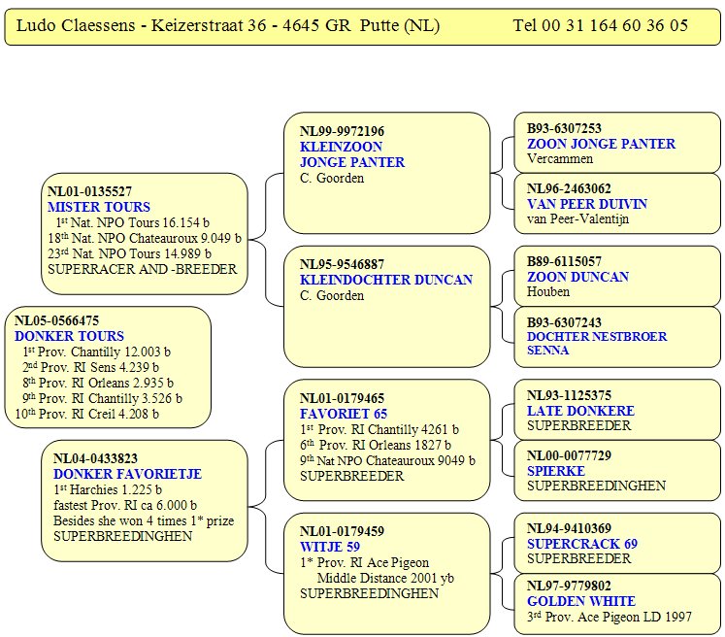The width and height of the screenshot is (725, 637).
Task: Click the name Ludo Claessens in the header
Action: pos(76,25)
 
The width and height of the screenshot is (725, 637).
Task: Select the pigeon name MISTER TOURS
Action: pos(99,207)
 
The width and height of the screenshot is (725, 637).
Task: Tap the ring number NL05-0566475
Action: pos(57,320)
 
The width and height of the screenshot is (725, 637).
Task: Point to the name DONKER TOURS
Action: pos(69,336)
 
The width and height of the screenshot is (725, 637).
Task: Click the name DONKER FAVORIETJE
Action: pos(127,474)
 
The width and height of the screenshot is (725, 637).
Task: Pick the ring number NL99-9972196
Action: pos(343,131)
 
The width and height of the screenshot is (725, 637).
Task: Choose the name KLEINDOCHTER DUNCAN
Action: pos(386,280)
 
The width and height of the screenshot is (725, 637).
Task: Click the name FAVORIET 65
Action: pos(344,414)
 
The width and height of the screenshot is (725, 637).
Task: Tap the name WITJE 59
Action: pos(330,547)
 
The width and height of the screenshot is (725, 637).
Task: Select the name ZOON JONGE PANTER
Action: pos(601,144)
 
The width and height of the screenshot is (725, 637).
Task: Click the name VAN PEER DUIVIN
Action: pos(587,204)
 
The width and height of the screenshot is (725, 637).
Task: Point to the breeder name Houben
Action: pos(548,291)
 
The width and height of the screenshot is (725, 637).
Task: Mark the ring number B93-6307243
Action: pos(564,322)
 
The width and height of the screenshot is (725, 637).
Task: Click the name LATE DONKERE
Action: pos(580,411)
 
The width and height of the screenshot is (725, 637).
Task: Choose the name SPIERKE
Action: pos(556,471)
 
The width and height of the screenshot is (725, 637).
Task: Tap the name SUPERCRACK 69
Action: pos(582,544)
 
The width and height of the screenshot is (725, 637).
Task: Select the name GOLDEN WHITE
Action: pos(581,601)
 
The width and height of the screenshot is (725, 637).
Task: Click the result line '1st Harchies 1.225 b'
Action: pos(108,489)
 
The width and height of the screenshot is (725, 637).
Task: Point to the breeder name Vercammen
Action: pos(560,158)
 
